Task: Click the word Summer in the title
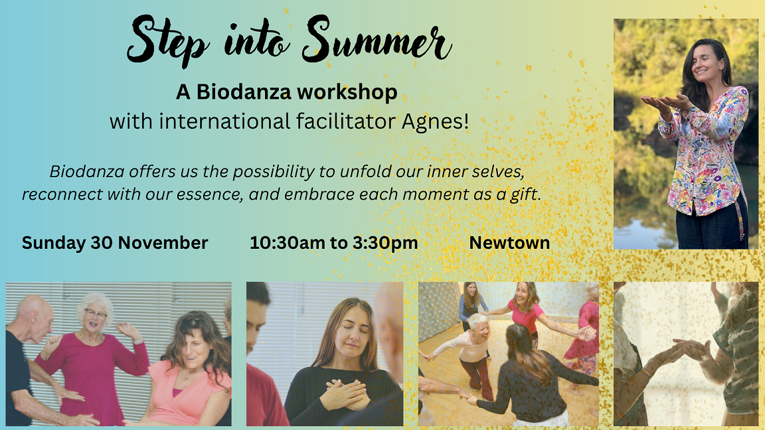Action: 377,40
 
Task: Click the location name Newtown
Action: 509,243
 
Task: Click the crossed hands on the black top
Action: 347,394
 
